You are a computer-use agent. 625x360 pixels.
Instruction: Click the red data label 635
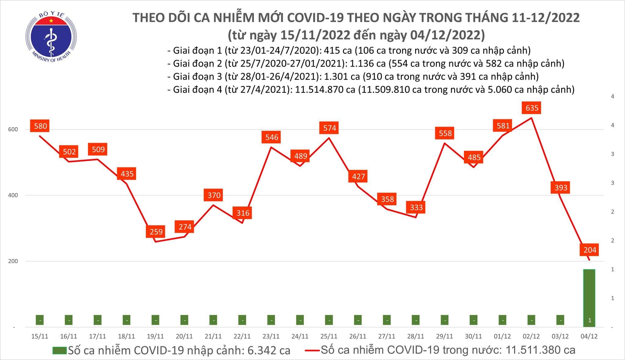click(532, 108)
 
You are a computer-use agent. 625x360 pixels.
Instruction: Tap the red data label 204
click(590, 250)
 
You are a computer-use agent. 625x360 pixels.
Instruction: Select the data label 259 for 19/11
click(156, 232)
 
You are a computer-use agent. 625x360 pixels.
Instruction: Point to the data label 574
click(329, 128)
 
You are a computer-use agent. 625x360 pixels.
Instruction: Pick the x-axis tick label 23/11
click(271, 336)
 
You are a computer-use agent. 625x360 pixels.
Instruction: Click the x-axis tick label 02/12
click(531, 336)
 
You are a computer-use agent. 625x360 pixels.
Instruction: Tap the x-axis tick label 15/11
click(40, 336)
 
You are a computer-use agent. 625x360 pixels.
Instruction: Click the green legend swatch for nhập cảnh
click(60, 350)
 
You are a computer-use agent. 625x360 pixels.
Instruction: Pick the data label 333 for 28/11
click(416, 207)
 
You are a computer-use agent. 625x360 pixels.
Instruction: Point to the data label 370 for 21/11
click(214, 195)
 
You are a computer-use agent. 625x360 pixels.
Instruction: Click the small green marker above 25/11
click(329, 320)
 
